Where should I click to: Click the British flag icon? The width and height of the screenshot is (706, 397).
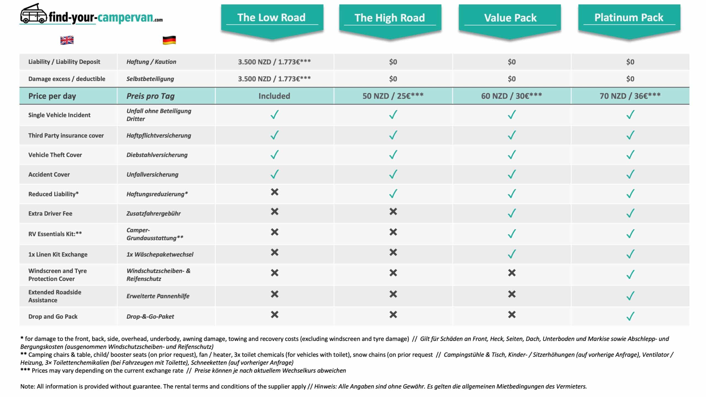(67, 40)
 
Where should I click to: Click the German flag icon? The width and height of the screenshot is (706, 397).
(169, 40)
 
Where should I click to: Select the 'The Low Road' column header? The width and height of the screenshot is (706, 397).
(272, 18)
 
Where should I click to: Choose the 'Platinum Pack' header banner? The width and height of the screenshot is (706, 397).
(629, 18)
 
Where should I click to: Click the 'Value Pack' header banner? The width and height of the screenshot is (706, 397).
(510, 18)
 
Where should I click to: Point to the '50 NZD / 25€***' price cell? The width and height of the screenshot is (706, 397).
(393, 96)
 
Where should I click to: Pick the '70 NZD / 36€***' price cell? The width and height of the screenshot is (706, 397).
(630, 96)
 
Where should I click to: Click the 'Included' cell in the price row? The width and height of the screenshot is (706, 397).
(274, 96)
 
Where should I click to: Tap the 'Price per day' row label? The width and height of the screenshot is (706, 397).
(52, 96)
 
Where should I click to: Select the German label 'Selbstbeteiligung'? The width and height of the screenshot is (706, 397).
(150, 79)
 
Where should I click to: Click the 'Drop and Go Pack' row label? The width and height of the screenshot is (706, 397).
(53, 317)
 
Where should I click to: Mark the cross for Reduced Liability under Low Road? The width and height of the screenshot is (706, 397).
(274, 192)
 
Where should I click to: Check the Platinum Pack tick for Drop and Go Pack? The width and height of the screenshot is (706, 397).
(630, 316)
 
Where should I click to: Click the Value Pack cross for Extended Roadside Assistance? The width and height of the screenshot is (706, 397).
(512, 294)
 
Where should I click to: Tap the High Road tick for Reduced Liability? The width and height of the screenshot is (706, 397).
(393, 194)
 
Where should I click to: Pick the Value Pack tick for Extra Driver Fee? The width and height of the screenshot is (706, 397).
(512, 213)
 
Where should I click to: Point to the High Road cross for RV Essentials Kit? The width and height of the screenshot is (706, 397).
(393, 232)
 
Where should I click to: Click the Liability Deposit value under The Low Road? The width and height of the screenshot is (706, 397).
(274, 62)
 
